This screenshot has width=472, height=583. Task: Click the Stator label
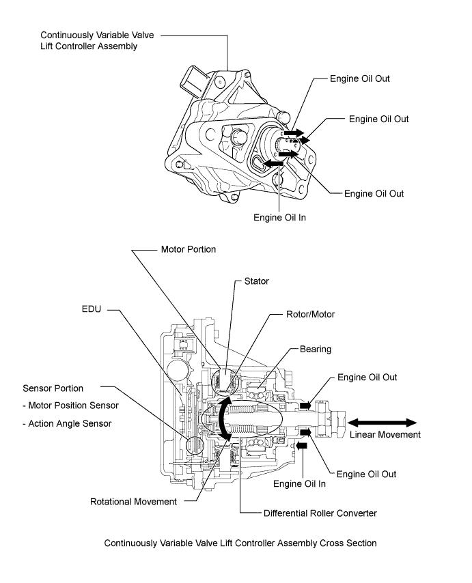(258, 281)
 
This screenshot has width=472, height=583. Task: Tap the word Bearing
(316, 349)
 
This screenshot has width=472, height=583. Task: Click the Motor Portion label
(188, 249)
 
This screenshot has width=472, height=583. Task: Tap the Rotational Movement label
(133, 501)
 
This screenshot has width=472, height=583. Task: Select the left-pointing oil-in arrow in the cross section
(301, 446)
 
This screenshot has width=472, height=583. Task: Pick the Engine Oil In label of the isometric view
(280, 218)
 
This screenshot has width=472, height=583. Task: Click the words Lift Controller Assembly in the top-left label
(89, 46)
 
